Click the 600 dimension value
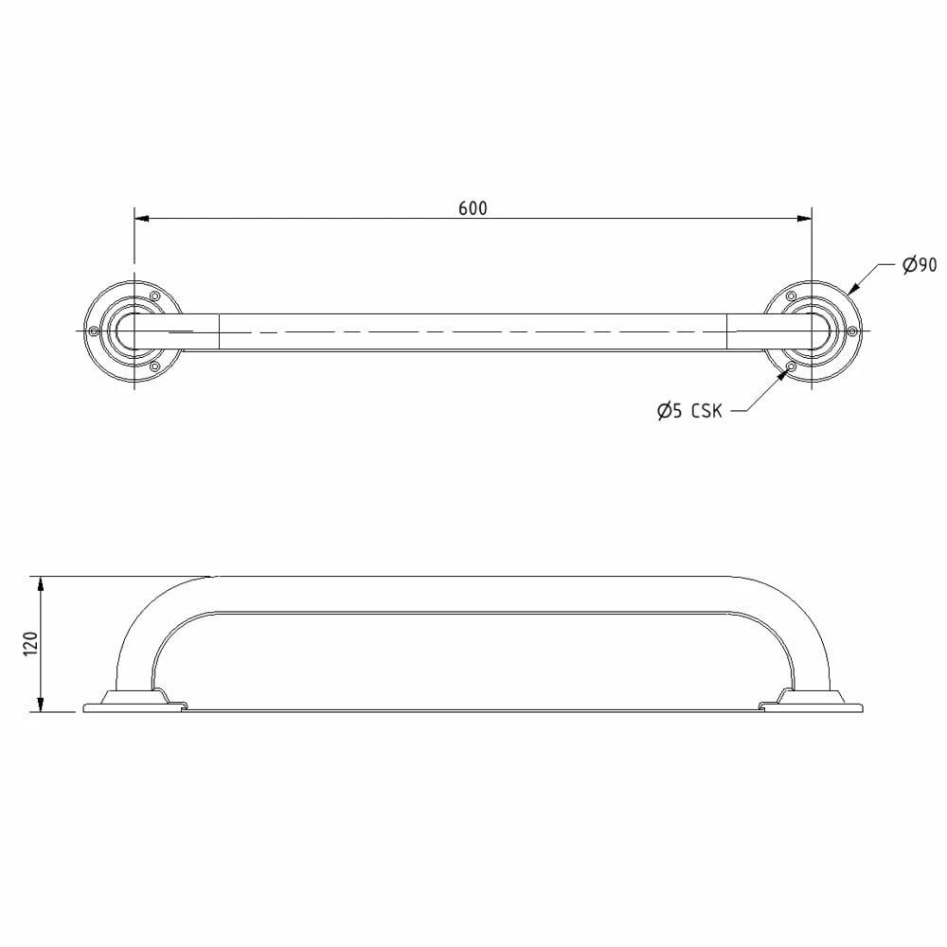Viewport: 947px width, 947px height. [473, 208]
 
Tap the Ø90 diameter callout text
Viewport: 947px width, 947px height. [920, 264]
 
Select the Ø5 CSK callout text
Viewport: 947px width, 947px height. [689, 411]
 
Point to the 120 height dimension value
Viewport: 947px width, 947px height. [31, 644]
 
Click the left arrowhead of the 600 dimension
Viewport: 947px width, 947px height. [142, 218]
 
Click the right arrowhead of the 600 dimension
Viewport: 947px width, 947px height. [804, 218]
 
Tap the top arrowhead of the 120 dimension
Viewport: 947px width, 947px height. [41, 584]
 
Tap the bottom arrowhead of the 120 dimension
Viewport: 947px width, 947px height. [41, 705]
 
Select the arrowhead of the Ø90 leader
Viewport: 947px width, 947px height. [854, 289]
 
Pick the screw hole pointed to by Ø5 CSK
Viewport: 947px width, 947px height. [791, 366]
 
